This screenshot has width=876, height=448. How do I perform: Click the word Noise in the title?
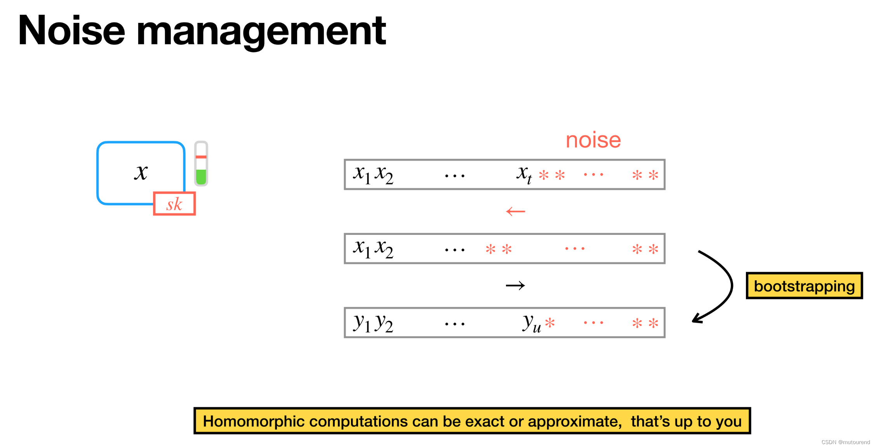click(72, 31)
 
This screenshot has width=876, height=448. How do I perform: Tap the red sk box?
click(174, 204)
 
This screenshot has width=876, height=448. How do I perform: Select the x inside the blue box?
click(141, 172)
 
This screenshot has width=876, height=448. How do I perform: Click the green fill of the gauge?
click(201, 177)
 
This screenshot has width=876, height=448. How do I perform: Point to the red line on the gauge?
click(201, 157)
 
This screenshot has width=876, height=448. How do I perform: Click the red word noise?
click(593, 140)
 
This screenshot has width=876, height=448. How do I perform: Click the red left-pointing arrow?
click(516, 212)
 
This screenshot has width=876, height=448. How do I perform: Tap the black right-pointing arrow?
click(515, 286)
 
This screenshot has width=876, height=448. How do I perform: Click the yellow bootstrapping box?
click(804, 286)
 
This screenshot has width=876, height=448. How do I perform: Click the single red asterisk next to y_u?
click(550, 323)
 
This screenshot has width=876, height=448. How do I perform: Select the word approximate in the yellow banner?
click(574, 422)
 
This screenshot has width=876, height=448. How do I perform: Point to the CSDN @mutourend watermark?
click(845, 442)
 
